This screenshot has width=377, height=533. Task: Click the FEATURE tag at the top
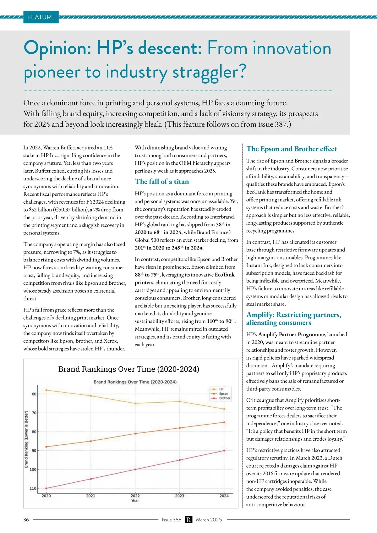point(41,17)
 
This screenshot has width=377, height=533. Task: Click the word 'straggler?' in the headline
point(209,72)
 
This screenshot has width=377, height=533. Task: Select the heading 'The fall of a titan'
point(162,182)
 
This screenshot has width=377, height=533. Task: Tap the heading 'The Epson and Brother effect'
point(291,149)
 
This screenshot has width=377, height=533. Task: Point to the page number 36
point(26,519)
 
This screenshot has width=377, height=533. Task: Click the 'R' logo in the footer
point(188,519)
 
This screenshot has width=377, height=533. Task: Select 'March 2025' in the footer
point(209,519)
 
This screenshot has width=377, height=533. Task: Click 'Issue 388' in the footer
point(172,519)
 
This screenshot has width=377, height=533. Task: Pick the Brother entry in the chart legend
point(225,398)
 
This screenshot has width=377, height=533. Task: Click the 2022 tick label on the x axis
point(135,496)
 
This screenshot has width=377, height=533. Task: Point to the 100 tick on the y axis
point(33,470)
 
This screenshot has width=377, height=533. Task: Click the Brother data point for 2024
point(224,451)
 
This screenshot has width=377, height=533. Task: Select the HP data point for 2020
point(46,390)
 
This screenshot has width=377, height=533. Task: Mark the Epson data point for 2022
point(135,434)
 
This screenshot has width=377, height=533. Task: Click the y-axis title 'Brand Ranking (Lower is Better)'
point(26,439)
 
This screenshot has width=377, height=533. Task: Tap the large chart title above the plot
point(129,369)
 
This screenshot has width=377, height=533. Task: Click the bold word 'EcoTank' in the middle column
point(224,275)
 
